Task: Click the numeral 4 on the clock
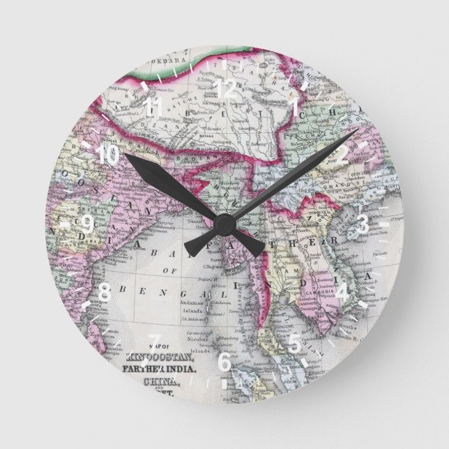coord(344,291)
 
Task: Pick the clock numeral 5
coord(294,342)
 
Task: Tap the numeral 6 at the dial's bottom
coord(224,360)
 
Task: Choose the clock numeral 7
coord(155,342)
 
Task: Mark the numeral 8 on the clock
coord(105,291)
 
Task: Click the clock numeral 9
coord(86,224)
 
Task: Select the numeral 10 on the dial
coord(107,155)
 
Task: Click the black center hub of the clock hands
coord(224,224)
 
